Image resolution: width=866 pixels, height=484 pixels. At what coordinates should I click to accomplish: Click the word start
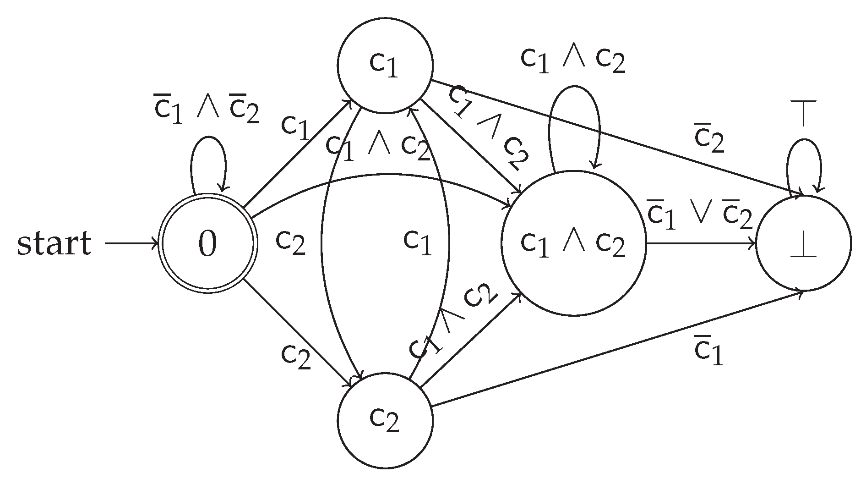54,243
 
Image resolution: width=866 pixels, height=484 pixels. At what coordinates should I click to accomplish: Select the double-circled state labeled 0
207,243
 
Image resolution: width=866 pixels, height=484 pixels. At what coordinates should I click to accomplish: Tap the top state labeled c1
385,66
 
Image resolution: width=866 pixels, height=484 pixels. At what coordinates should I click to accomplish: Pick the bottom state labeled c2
385,420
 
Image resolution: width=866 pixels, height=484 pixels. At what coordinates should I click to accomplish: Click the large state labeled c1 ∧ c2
573,243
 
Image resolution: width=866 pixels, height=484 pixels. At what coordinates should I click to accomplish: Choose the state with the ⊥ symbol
804,243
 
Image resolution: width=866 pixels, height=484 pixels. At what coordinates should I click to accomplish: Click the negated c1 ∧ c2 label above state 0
207,110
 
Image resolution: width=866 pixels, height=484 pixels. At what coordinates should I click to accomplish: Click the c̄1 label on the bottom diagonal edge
708,352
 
